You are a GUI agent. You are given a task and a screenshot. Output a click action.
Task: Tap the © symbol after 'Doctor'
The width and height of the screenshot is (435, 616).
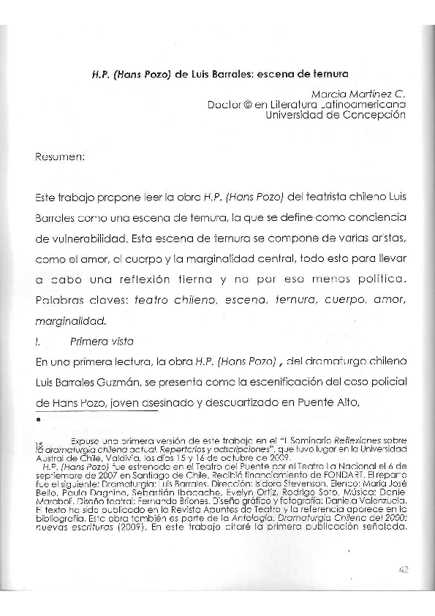tap(241, 105)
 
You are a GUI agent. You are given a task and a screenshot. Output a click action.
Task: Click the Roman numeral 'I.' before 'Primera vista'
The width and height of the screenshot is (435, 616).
tap(37, 340)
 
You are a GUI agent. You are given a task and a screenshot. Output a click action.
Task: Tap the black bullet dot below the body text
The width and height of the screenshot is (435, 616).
tap(37, 420)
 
